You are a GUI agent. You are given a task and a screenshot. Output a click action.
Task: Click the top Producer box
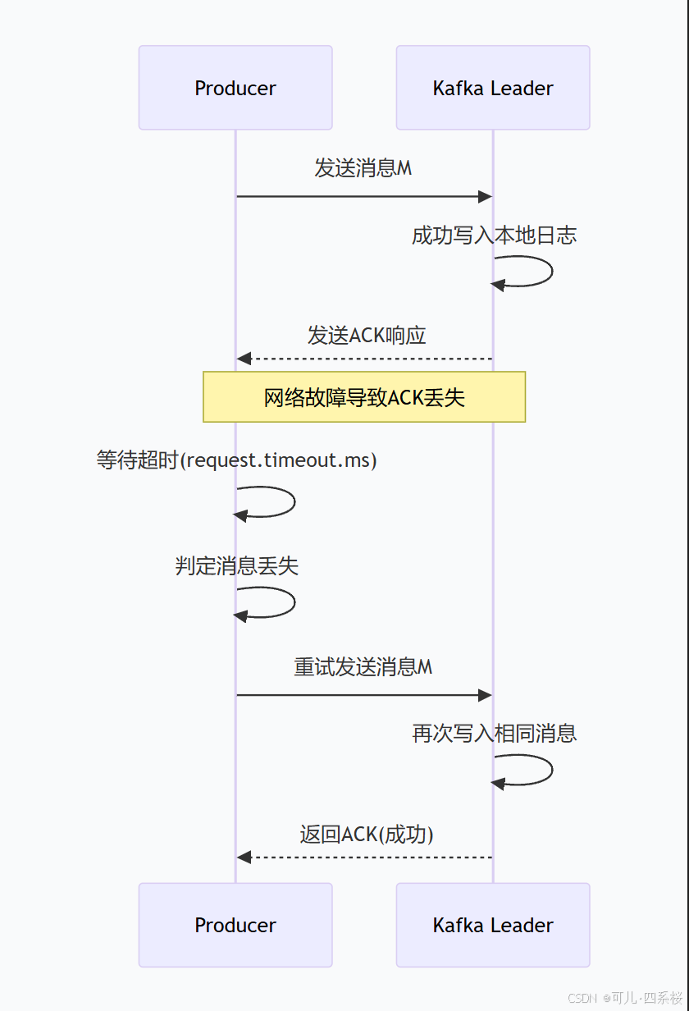click(235, 88)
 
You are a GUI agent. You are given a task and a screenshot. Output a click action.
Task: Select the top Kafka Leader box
click(493, 88)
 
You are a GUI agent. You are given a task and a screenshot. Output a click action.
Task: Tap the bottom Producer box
click(235, 925)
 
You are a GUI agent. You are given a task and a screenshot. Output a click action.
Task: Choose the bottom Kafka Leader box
click(493, 925)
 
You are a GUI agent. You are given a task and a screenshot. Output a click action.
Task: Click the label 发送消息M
click(363, 168)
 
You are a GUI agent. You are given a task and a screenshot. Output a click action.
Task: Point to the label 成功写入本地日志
click(494, 236)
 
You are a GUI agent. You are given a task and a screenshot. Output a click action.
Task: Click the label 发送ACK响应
click(367, 335)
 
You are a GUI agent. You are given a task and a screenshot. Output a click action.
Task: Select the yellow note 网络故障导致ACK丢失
click(364, 397)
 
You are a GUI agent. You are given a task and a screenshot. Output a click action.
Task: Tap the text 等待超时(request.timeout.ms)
click(236, 460)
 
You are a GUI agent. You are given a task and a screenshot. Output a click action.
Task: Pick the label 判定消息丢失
click(236, 565)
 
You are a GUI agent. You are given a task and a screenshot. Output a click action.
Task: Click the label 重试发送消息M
click(363, 666)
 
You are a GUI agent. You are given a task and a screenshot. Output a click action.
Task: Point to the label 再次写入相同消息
click(494, 733)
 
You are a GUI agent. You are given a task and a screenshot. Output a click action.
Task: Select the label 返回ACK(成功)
click(367, 834)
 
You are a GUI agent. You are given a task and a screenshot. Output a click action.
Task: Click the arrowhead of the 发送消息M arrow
click(486, 197)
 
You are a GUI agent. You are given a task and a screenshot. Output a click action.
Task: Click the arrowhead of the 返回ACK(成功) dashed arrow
click(244, 858)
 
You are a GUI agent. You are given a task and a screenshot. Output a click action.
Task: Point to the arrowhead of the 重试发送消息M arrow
click(486, 696)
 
